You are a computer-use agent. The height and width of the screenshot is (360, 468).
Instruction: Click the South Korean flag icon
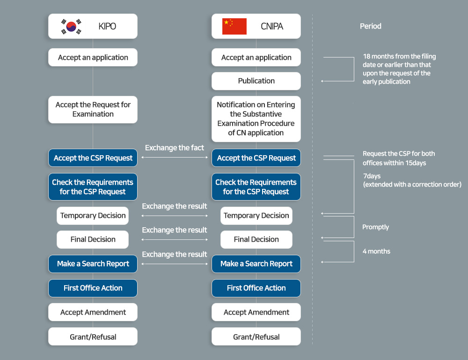tap(71, 27)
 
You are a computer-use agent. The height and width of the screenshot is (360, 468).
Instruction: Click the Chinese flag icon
tap(234, 26)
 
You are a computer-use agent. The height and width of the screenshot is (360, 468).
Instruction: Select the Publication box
tap(256, 81)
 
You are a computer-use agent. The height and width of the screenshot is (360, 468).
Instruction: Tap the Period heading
tap(370, 26)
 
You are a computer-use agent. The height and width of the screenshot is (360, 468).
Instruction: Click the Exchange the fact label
tap(174, 148)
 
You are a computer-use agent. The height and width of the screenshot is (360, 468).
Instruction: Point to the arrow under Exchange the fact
tap(175, 157)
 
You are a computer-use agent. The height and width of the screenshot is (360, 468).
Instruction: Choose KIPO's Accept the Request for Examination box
tap(93, 109)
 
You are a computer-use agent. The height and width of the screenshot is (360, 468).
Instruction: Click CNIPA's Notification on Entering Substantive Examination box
tap(256, 119)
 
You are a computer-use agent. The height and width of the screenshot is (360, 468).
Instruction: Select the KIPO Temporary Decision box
tap(93, 216)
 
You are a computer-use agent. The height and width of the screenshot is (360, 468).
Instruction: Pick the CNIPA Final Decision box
tap(256, 239)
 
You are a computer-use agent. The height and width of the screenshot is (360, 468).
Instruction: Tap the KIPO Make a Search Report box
tap(93, 264)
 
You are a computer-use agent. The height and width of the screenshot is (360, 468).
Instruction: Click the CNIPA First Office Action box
tap(256, 288)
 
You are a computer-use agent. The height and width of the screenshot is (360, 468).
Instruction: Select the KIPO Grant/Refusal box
tap(93, 337)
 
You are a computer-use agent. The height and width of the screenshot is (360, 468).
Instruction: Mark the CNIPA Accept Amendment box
tap(256, 312)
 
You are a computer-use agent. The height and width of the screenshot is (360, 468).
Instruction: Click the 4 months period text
tap(376, 251)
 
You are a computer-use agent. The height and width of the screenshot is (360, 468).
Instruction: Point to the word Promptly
tap(375, 227)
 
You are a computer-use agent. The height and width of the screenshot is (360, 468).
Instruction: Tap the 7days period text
tap(372, 176)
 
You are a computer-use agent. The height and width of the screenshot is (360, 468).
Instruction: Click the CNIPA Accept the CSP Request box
tap(256, 158)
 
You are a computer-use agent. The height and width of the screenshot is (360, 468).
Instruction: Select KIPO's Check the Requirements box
tap(93, 187)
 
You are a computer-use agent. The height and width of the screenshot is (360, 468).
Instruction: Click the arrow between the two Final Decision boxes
tap(175, 239)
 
